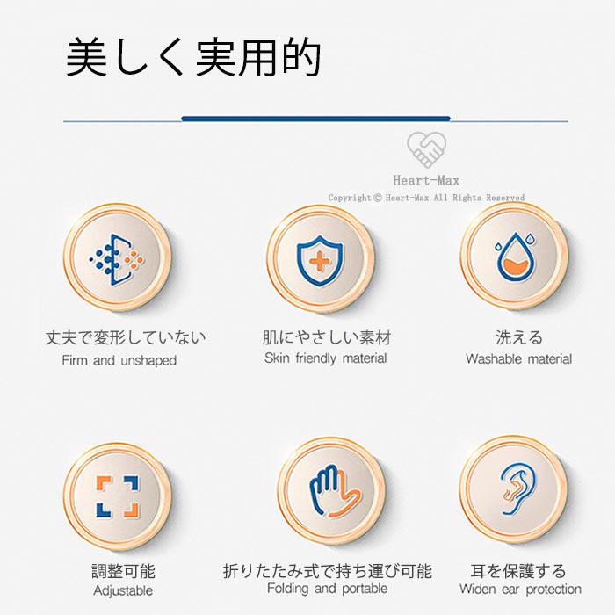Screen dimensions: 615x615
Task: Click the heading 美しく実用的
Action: click(194, 57)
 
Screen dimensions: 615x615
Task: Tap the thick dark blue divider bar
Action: click(315, 119)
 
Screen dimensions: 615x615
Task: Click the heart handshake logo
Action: click(426, 149)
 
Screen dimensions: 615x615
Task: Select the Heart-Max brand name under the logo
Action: click(426, 180)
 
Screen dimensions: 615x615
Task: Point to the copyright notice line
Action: click(426, 198)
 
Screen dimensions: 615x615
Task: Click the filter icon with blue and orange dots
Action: click(117, 260)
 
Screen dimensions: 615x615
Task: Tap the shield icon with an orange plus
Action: click(320, 261)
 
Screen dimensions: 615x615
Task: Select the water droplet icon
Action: click(516, 257)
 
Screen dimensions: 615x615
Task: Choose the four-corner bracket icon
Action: click(118, 496)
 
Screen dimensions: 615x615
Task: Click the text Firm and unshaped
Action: click(119, 360)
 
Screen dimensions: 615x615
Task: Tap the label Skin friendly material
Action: click(326, 358)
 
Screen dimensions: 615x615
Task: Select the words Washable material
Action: click(519, 358)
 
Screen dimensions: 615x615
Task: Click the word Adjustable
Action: click(123, 590)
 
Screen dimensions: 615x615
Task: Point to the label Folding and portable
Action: click(327, 589)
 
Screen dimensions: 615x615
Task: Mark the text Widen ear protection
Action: click(520, 589)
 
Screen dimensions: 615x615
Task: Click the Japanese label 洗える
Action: click(519, 337)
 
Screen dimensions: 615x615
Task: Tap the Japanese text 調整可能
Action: click(124, 571)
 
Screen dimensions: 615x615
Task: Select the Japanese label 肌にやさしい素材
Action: click(327, 337)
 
